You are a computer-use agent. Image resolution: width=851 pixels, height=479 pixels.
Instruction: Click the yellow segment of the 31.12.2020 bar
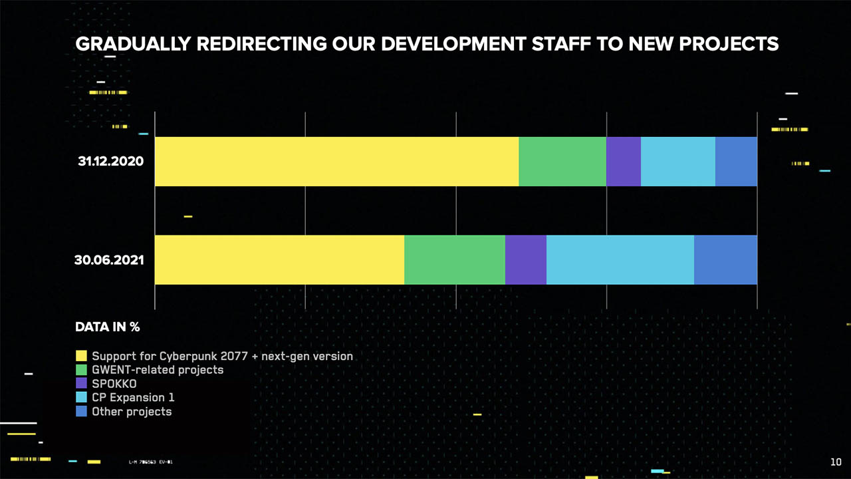(336, 162)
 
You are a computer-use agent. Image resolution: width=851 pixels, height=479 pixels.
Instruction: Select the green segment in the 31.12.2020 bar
(562, 162)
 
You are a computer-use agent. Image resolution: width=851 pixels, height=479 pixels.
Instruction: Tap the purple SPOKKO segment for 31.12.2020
(624, 162)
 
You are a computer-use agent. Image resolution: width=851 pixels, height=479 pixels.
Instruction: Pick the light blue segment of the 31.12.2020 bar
(678, 162)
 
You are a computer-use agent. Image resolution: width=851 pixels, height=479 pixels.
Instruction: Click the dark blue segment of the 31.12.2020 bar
(736, 162)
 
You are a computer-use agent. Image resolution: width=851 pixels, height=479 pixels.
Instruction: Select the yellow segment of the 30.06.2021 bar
(279, 259)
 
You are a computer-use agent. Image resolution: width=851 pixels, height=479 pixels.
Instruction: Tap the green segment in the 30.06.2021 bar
(455, 259)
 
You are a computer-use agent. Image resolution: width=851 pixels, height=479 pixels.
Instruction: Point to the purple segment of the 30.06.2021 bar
(526, 259)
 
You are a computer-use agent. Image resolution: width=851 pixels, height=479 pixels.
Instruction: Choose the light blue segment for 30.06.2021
(620, 259)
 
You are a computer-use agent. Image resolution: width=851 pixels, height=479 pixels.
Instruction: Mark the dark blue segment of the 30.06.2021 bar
(725, 259)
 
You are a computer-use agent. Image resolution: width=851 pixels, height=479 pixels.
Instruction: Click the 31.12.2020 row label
(110, 162)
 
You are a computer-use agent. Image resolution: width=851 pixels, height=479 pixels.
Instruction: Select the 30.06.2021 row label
(109, 260)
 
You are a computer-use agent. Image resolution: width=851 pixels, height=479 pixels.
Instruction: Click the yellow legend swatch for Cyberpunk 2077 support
(81, 356)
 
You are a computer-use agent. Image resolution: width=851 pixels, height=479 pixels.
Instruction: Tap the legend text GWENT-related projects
(158, 370)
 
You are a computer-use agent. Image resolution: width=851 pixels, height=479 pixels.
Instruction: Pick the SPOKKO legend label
(114, 384)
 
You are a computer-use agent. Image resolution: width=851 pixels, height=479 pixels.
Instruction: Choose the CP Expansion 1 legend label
(133, 398)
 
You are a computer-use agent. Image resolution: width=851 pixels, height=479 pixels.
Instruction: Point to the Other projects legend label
(132, 412)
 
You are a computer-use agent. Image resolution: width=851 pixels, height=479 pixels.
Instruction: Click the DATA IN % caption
(108, 327)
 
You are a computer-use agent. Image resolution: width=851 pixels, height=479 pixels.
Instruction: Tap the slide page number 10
(836, 462)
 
